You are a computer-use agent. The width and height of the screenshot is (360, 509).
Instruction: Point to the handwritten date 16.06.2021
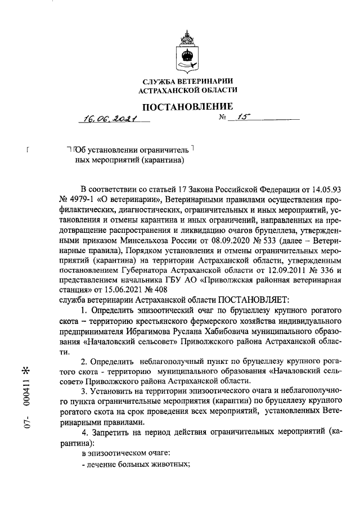click(x=105, y=118)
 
